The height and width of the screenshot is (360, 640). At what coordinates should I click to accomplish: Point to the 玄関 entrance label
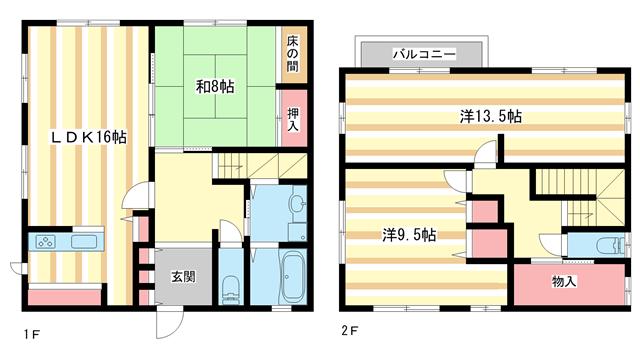182,276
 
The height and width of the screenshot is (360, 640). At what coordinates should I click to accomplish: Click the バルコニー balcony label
424,52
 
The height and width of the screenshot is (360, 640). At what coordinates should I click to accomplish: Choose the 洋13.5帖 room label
491,116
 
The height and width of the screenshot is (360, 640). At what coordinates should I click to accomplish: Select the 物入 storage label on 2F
564,281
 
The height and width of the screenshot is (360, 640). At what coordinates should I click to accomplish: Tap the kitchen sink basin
83,242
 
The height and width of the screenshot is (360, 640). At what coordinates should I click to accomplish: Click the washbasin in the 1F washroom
296,206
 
